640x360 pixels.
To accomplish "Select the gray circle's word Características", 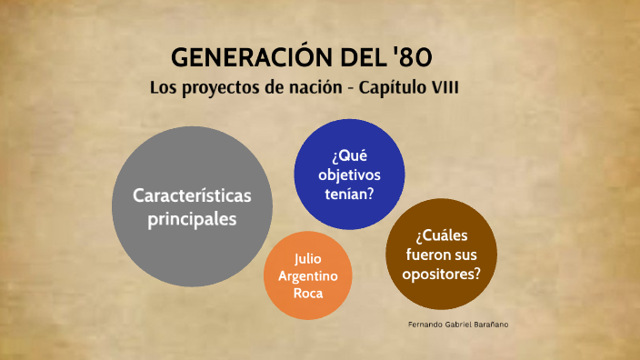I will point(192,195).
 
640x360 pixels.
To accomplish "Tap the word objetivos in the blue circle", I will point(350,174).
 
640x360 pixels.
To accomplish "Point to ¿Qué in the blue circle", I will point(350,155).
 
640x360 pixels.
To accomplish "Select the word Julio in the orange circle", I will point(308,257).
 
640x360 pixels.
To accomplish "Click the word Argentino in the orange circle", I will point(308,275).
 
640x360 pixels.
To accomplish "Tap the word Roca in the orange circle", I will point(308,294).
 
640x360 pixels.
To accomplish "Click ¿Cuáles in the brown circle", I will point(442,236).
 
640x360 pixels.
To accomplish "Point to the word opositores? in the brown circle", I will point(442,275).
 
